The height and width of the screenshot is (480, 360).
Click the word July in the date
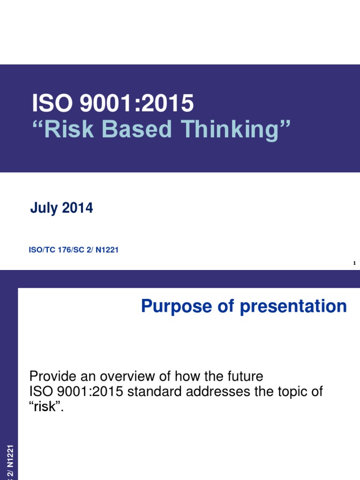[x=44, y=208]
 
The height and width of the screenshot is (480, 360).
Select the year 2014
[x=77, y=208]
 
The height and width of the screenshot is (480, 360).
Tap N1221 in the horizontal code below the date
[x=107, y=250]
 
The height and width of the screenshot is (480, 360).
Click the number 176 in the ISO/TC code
[x=64, y=250]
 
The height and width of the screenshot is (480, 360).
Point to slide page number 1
[x=355, y=263]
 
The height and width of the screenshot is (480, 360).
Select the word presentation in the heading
[x=293, y=307]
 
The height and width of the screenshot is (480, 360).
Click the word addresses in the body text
[x=216, y=391]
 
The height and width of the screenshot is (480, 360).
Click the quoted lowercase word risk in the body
[x=45, y=407]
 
